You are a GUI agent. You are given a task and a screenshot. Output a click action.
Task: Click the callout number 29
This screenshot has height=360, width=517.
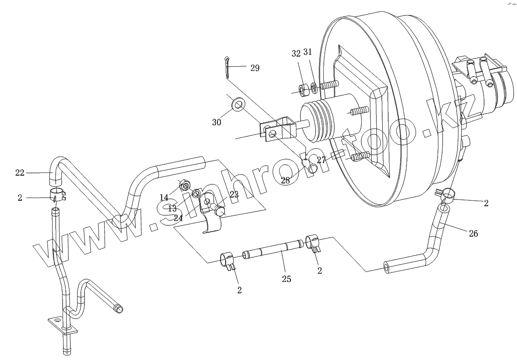[x=254, y=68]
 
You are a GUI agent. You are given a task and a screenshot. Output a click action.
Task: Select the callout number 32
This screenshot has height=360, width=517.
[x=296, y=53]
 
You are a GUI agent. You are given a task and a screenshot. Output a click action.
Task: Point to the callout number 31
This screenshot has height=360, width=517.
[x=307, y=52]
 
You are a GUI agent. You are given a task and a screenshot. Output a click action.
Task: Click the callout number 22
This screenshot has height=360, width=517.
[x=20, y=172]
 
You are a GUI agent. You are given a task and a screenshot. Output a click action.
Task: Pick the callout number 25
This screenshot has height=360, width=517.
[x=286, y=279]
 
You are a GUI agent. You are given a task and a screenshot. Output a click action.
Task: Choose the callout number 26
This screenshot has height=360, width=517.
[x=473, y=234]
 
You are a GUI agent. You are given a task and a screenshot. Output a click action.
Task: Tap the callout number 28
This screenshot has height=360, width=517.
[x=285, y=181]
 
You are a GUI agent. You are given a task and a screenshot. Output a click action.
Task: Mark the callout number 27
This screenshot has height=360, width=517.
[x=322, y=160]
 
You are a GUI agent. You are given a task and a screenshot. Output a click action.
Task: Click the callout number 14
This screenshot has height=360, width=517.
[x=164, y=197]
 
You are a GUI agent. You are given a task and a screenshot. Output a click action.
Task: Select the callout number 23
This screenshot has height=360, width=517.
[x=234, y=194]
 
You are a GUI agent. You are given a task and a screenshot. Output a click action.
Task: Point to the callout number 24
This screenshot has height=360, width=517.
[x=179, y=218]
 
